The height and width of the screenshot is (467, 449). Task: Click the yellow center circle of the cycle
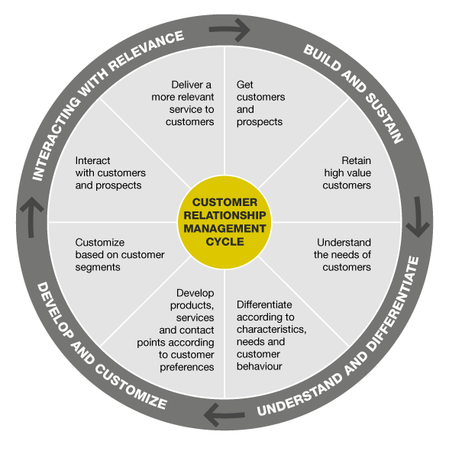[224, 222]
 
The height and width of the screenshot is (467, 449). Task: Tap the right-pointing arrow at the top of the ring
[229, 30]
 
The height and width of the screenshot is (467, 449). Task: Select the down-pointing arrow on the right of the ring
[418, 217]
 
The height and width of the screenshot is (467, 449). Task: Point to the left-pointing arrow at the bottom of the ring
[224, 414]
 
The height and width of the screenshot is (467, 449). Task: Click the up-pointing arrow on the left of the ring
[31, 217]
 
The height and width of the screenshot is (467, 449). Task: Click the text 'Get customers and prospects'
[260, 103]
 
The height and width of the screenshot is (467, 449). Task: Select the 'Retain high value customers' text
[347, 173]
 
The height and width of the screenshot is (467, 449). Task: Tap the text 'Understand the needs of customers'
[342, 255]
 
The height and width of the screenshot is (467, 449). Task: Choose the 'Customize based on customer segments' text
[120, 255]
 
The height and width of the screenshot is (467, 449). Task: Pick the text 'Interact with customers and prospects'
[111, 173]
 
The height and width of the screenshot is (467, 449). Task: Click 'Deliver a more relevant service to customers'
[183, 103]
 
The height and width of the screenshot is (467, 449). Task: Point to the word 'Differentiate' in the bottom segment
[264, 304]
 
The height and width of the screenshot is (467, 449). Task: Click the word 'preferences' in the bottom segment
[187, 367]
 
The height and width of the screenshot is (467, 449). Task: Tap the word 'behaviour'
[259, 366]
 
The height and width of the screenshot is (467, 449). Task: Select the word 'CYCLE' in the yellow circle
[224, 242]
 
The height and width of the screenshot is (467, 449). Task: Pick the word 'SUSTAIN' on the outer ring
[385, 118]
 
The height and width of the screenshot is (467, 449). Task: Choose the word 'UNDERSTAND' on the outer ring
[300, 395]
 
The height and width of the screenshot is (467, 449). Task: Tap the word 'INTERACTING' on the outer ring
[57, 137]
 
